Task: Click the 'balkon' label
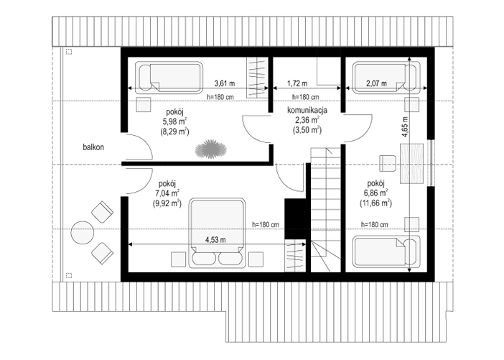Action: coord(93,147)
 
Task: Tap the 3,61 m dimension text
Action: coord(225,83)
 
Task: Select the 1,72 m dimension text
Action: coord(297,83)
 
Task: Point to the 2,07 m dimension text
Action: coord(376,83)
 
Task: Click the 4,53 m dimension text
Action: coord(215,240)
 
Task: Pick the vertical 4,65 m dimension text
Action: coord(404,127)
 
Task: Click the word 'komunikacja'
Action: coord(307,110)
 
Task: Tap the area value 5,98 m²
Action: coord(175,121)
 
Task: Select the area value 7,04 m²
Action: coord(167,193)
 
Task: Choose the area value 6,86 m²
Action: coord(375,193)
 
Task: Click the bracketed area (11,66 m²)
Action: coord(375,203)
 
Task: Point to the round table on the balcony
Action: coord(83,233)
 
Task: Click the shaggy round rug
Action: coord(210,149)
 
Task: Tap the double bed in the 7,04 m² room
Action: coord(217,234)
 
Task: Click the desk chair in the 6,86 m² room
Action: coord(388,163)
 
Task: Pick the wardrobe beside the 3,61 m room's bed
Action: coord(257,78)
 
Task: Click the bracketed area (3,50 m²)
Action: coord(307,130)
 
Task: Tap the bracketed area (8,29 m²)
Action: coord(174,131)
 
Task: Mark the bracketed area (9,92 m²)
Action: coord(167,203)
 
